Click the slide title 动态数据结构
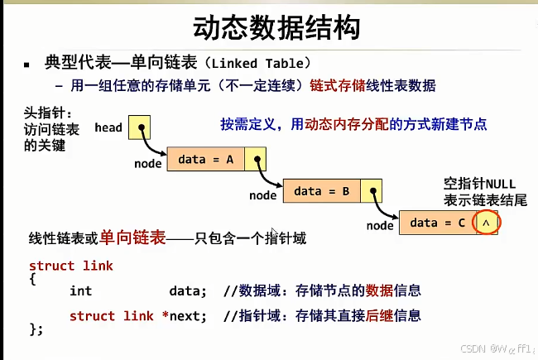[276, 28]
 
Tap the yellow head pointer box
[139, 127]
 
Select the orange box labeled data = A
[206, 159]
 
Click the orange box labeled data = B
[322, 191]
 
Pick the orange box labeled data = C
[438, 223]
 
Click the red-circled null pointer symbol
[486, 223]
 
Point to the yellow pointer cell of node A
[255, 159]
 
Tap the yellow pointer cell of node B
[372, 191]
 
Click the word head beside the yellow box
[108, 127]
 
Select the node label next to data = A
[148, 164]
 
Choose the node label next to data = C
[380, 226]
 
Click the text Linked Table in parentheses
[257, 64]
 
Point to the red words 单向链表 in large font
[132, 238]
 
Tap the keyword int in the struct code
[80, 291]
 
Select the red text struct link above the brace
[71, 266]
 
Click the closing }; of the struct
[36, 329]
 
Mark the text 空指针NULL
[480, 184]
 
